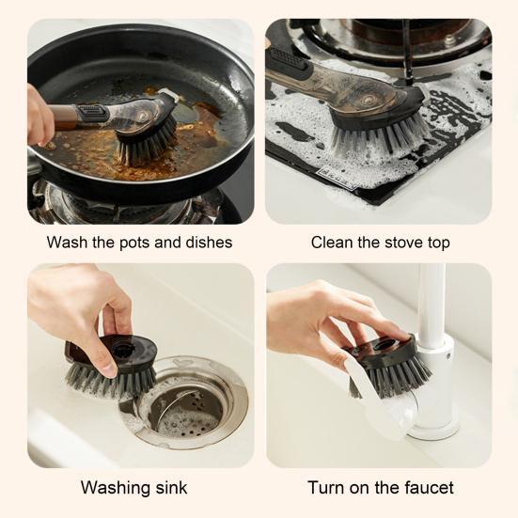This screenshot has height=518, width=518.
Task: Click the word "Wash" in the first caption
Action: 67,243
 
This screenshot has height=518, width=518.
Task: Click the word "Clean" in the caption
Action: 333,243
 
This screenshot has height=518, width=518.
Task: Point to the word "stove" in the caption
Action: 395,243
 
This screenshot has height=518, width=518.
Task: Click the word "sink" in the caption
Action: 170,488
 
